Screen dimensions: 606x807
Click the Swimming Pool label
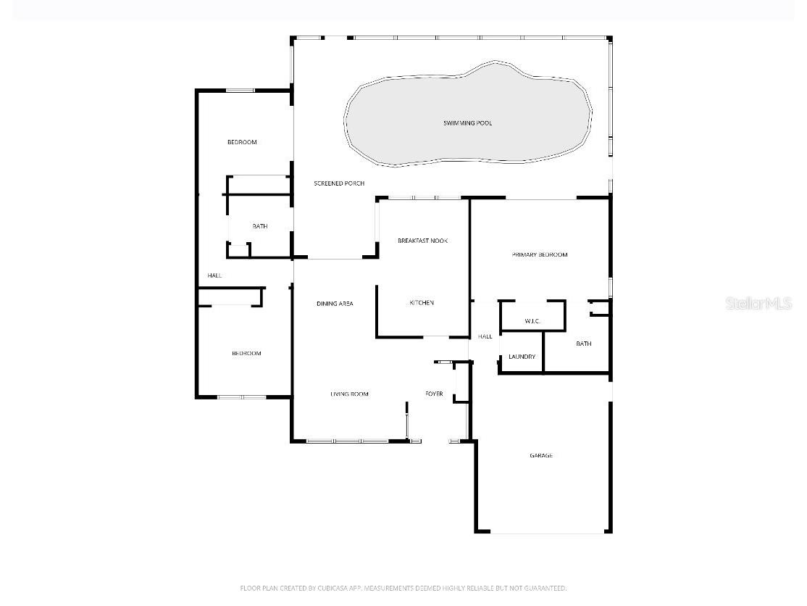(x=467, y=123)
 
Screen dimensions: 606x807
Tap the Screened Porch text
(x=339, y=183)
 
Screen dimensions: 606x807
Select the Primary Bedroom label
(x=540, y=254)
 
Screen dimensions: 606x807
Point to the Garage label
(x=541, y=455)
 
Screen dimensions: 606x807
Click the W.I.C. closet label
(x=532, y=321)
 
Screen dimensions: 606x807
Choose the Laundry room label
(x=522, y=357)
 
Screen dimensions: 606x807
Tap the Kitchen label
(x=422, y=302)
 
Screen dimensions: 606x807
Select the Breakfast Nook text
(x=422, y=240)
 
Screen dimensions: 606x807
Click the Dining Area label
(x=335, y=304)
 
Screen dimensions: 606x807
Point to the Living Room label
(x=349, y=394)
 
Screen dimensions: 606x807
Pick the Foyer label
(x=434, y=394)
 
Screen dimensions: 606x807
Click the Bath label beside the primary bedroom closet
(x=584, y=344)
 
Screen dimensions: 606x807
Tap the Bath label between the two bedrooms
(x=260, y=226)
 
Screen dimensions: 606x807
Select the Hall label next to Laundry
(x=485, y=336)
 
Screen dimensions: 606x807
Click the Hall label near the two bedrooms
(x=214, y=275)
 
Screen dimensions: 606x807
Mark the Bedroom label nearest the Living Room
(x=246, y=353)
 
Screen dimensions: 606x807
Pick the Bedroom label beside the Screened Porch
(x=242, y=142)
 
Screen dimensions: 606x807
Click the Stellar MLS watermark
(x=758, y=304)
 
